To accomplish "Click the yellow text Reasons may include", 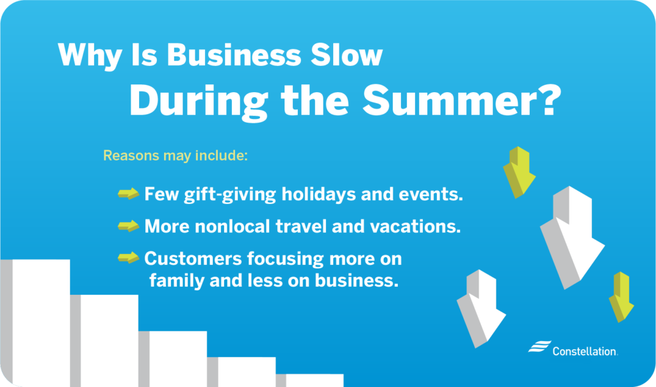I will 175,155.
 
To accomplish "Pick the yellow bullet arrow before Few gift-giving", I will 128,194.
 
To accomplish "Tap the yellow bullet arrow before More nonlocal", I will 128,226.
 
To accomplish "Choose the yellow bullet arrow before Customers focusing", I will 128,258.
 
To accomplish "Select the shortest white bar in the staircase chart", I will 314,380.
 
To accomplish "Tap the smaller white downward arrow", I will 480,307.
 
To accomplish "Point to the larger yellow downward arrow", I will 519,171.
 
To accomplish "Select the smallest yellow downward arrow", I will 621,296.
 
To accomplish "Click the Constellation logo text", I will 584,351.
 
